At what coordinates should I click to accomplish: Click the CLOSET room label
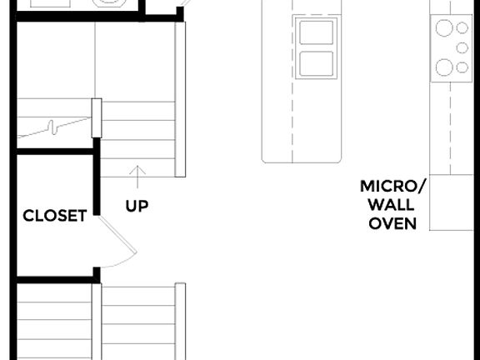coord(54,216)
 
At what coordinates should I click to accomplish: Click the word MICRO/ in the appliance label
coord(392,186)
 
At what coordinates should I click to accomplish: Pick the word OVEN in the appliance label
coord(392,223)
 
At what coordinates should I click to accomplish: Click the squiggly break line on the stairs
coord(54,127)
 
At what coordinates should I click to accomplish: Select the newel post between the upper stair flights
coord(96,117)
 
